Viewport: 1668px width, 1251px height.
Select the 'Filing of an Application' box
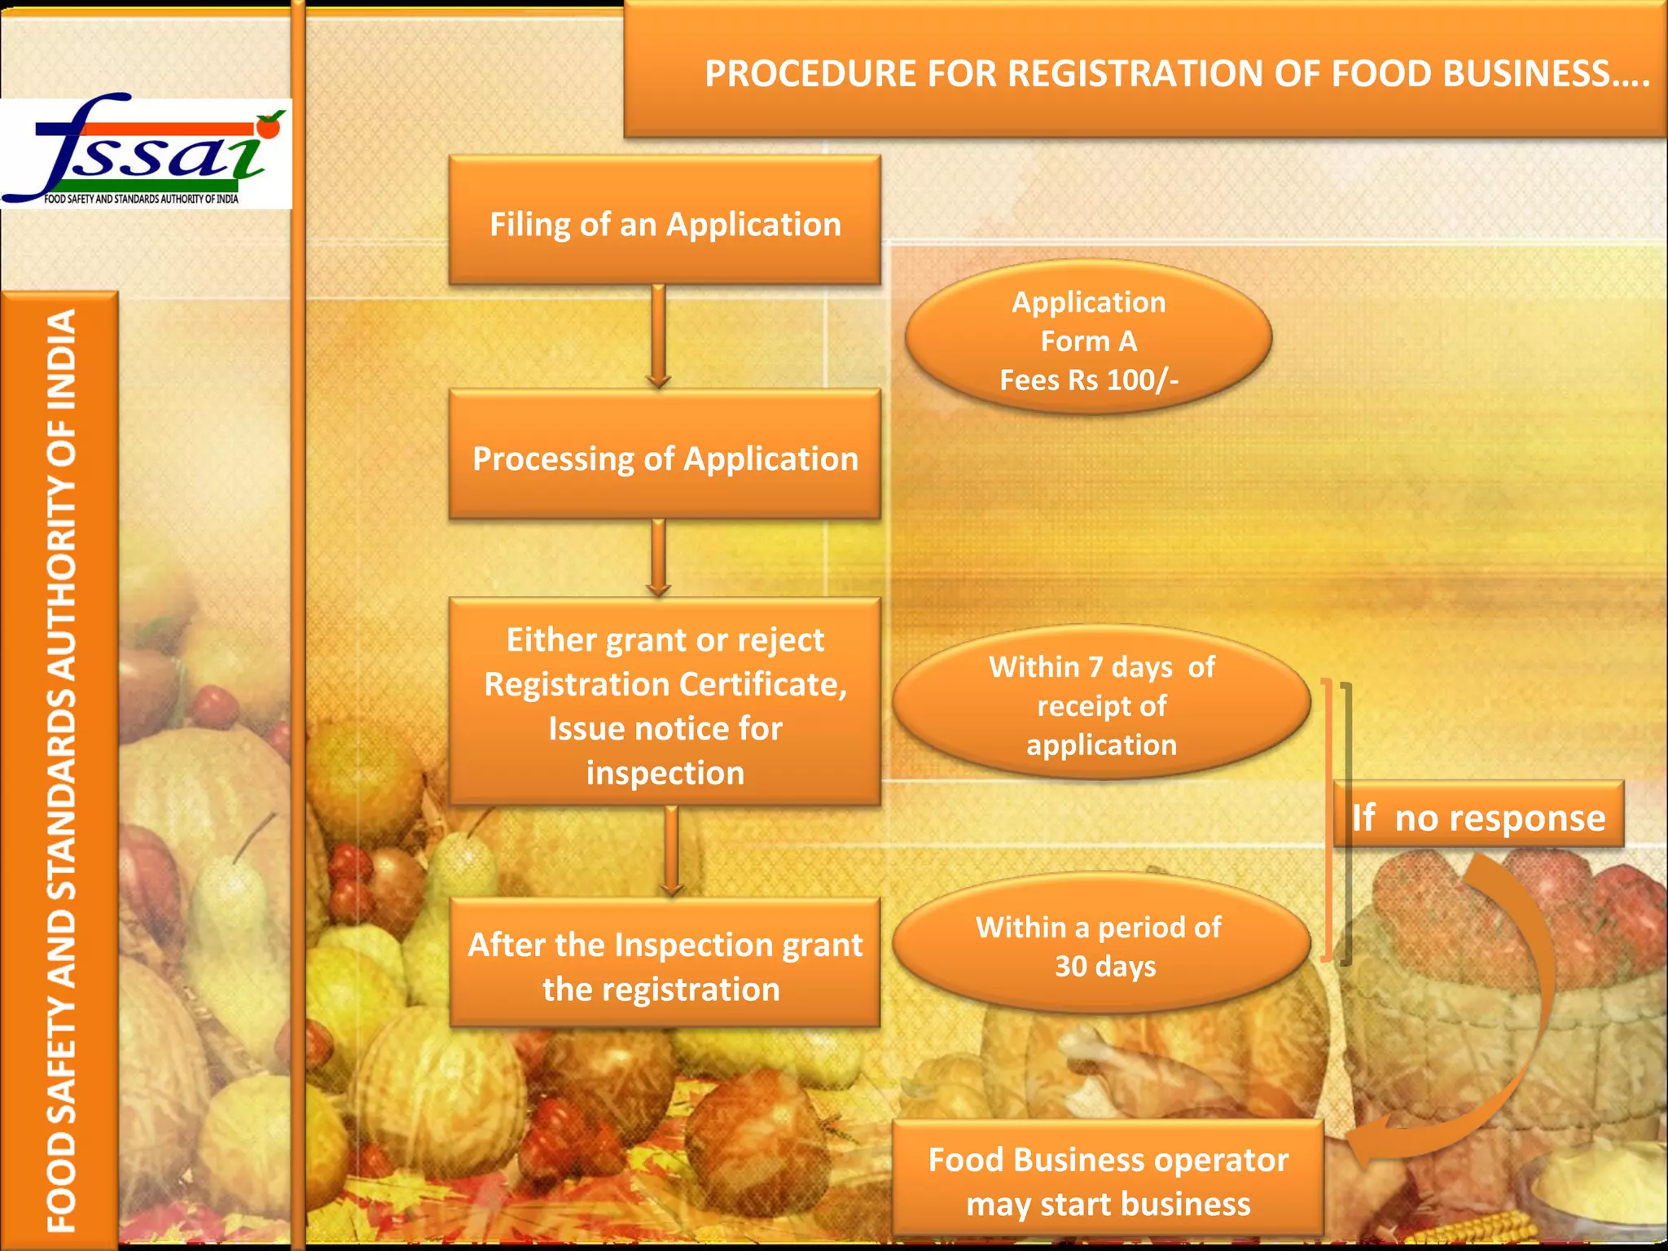(665, 222)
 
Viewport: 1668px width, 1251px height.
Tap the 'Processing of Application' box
(665, 457)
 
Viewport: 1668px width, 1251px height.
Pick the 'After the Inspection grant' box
(665, 964)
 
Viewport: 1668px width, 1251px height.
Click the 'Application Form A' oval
(1088, 339)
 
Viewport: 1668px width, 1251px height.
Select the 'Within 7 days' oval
(1101, 704)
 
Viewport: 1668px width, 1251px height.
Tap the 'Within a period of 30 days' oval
(1101, 945)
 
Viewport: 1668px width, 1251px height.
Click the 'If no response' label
(1477, 816)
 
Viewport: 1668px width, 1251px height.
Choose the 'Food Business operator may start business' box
(1108, 1181)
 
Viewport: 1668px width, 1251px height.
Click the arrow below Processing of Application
(659, 559)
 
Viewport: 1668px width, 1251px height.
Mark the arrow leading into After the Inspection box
(671, 852)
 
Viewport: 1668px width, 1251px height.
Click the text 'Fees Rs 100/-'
(1088, 380)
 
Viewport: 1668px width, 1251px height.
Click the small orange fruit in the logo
(269, 127)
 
